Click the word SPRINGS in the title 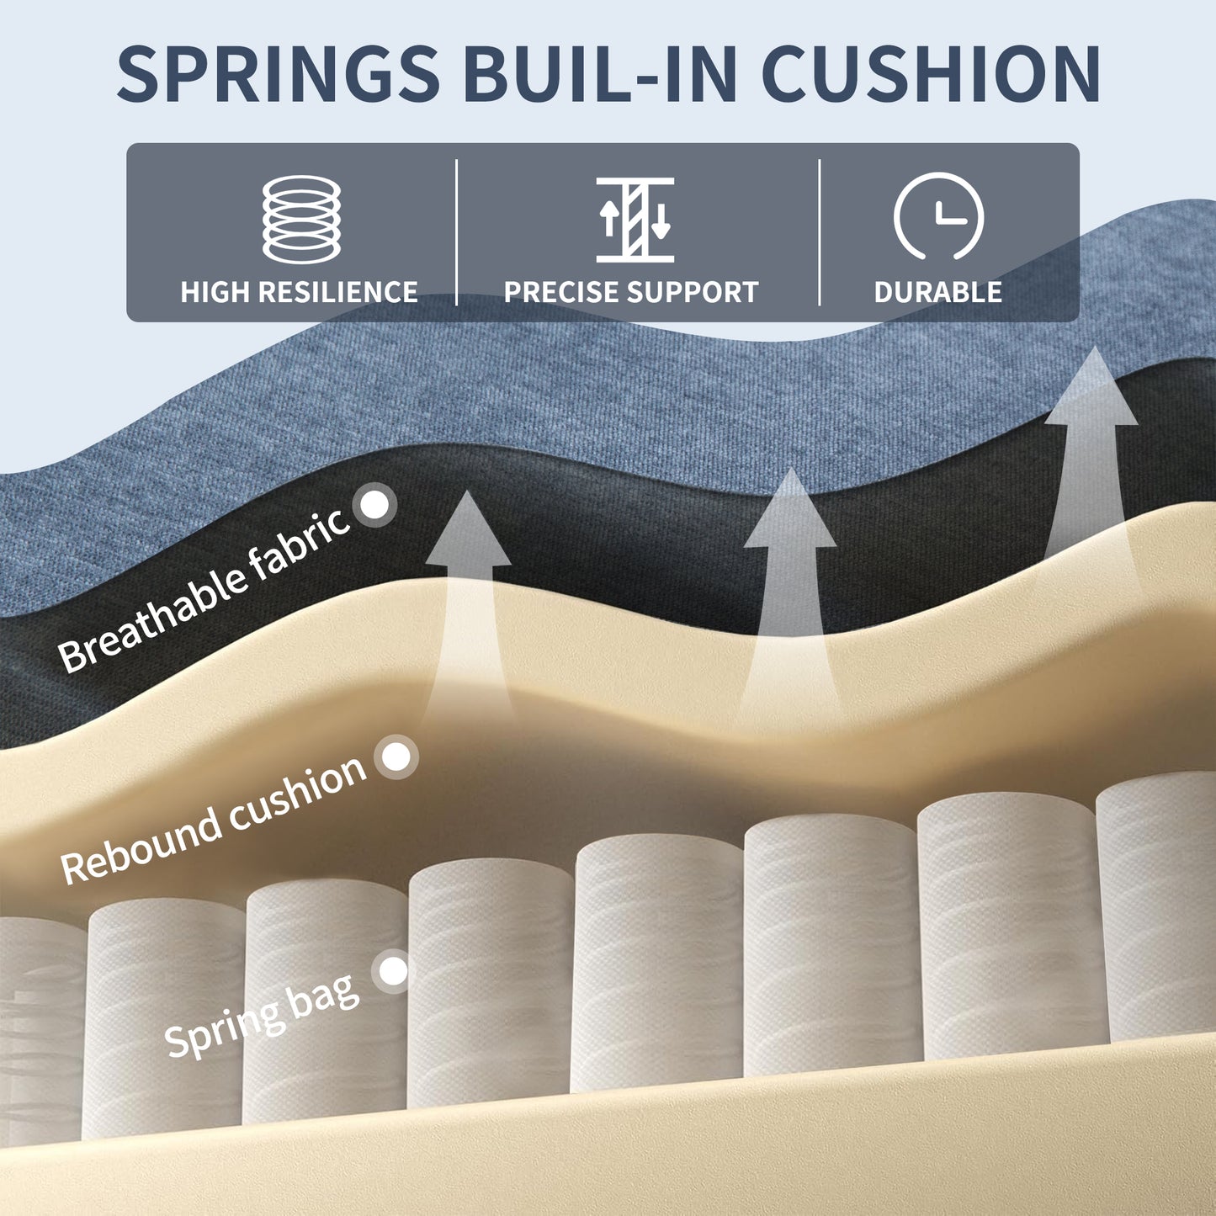point(278,73)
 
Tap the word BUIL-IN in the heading point(599,73)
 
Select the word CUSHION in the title point(931,73)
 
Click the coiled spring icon point(301,220)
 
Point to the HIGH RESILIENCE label point(299,292)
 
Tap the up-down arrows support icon point(635,220)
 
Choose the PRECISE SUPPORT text point(631,292)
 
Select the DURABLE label point(937,292)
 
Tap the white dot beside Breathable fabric point(375,505)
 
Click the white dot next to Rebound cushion point(396,757)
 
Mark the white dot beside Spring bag point(393,971)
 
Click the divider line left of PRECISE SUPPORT point(457,232)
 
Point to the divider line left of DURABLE point(820,232)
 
